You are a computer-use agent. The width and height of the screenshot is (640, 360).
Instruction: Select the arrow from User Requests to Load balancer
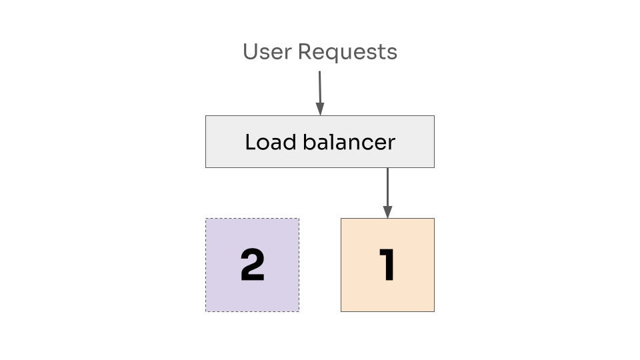(x=319, y=90)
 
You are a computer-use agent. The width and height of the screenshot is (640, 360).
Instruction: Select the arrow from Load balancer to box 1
(x=387, y=190)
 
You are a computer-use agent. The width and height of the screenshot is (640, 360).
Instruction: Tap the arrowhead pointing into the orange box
(x=387, y=212)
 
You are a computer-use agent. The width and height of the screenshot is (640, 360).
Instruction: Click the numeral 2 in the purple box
(x=252, y=265)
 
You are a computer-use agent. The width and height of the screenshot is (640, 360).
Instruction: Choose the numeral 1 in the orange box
(x=387, y=265)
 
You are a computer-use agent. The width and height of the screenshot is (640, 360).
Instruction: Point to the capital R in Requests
(x=305, y=51)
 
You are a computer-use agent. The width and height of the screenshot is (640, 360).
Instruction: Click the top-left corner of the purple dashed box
(x=205, y=219)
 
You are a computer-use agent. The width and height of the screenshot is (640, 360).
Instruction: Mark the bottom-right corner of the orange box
(x=434, y=311)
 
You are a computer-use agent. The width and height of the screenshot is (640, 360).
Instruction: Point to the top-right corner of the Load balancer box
(x=434, y=116)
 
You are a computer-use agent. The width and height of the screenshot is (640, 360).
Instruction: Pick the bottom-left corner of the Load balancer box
(x=205, y=167)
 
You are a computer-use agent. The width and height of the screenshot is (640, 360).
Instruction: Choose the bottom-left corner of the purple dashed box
(x=205, y=311)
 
